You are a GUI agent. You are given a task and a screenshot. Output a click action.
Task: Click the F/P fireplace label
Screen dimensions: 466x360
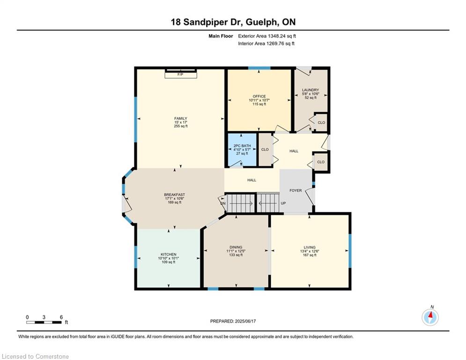pyautogui.click(x=180, y=75)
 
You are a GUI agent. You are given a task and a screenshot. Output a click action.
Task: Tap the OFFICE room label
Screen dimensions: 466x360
pyautogui.click(x=259, y=97)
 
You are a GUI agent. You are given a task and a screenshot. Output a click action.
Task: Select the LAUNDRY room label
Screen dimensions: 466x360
pyautogui.click(x=310, y=90)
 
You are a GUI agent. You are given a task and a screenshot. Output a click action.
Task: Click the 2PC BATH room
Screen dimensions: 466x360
pyautogui.click(x=242, y=150)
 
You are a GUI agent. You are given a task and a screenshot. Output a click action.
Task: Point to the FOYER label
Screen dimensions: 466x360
pyautogui.click(x=296, y=190)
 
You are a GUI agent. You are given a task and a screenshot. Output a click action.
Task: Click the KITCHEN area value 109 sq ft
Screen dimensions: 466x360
pyautogui.click(x=169, y=262)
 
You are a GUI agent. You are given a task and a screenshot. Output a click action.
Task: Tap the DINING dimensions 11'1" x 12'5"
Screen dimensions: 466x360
pyautogui.click(x=236, y=251)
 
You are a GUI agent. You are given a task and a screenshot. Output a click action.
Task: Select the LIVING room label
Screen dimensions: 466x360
pyautogui.click(x=310, y=247)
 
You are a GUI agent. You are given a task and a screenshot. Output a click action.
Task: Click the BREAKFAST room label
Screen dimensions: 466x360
pyautogui.click(x=174, y=195)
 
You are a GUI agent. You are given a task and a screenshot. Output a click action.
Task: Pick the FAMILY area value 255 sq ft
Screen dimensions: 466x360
pyautogui.click(x=181, y=126)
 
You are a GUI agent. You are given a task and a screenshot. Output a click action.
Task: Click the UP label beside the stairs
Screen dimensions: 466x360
pyautogui.click(x=283, y=203)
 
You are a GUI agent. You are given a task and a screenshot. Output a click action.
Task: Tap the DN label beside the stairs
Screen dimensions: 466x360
pyautogui.click(x=223, y=203)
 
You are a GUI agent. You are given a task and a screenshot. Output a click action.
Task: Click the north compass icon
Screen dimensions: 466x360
pyautogui.click(x=430, y=317)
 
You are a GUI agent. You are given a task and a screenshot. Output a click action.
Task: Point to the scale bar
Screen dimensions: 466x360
pyautogui.click(x=44, y=322)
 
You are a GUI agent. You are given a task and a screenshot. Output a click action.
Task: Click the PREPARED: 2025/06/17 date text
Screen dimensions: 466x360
pyautogui.click(x=233, y=321)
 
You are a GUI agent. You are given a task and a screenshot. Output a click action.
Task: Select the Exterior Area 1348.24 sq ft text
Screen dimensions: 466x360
pyautogui.click(x=267, y=36)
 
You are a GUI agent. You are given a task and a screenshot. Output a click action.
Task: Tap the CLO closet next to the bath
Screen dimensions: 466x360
pyautogui.click(x=265, y=150)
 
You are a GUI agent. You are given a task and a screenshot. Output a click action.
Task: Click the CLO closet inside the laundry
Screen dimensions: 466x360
pyautogui.click(x=321, y=122)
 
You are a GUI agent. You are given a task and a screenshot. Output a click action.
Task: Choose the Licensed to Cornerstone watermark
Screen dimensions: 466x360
pyautogui.click(x=35, y=356)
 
